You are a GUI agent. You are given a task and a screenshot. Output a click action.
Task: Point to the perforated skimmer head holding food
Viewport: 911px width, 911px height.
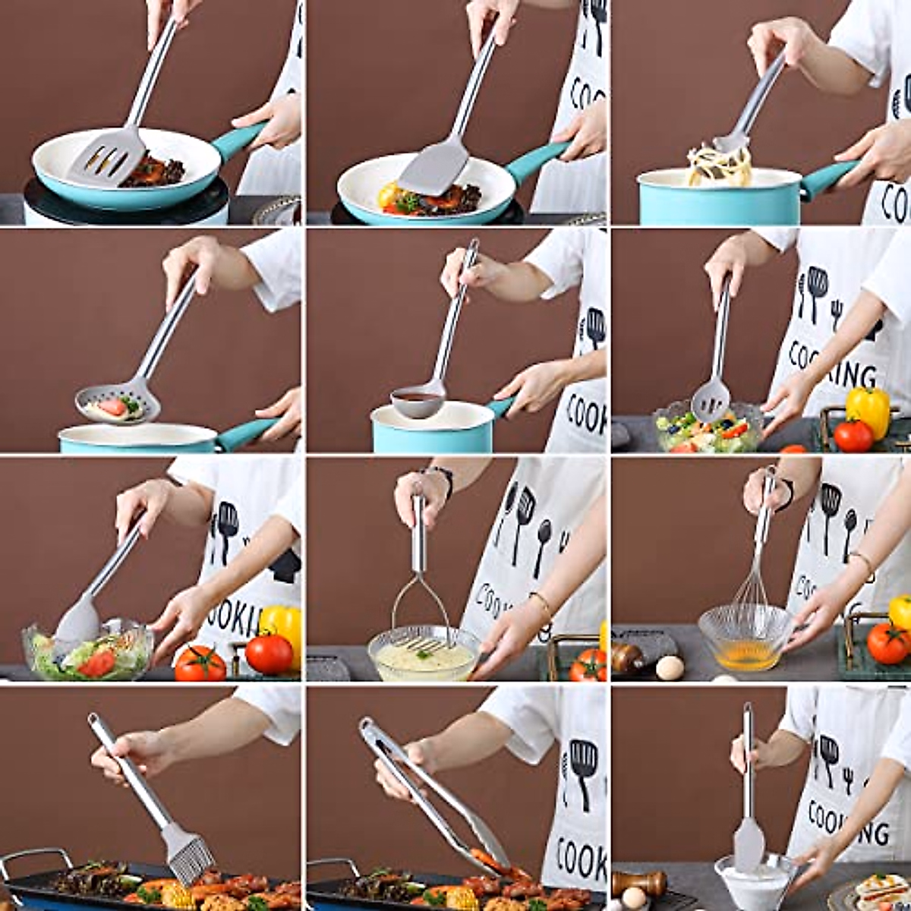click(x=118, y=402)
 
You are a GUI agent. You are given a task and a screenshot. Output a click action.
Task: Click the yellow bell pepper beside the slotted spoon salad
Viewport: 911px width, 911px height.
click(x=868, y=410)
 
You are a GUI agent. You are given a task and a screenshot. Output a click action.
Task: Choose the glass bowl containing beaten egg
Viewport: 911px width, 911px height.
click(x=744, y=638)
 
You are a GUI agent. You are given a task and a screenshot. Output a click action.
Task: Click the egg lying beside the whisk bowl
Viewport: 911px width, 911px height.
click(x=669, y=667)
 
